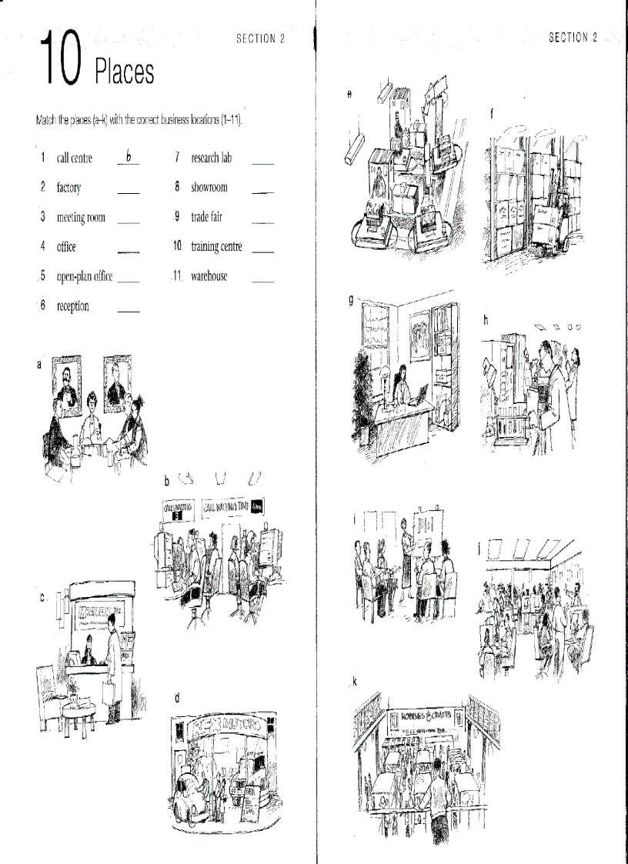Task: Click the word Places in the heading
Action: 124,72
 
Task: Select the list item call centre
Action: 74,158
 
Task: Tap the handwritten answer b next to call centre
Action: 129,157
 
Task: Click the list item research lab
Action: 211,158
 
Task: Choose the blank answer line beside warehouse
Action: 262,282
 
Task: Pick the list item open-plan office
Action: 85,276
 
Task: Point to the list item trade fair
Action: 206,217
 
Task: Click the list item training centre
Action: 216,247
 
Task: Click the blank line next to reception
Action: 129,312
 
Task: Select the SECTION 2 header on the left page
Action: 260,39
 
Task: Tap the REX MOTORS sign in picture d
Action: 219,726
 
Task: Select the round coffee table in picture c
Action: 78,703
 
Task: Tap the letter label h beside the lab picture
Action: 486,320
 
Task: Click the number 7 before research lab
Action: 177,158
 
